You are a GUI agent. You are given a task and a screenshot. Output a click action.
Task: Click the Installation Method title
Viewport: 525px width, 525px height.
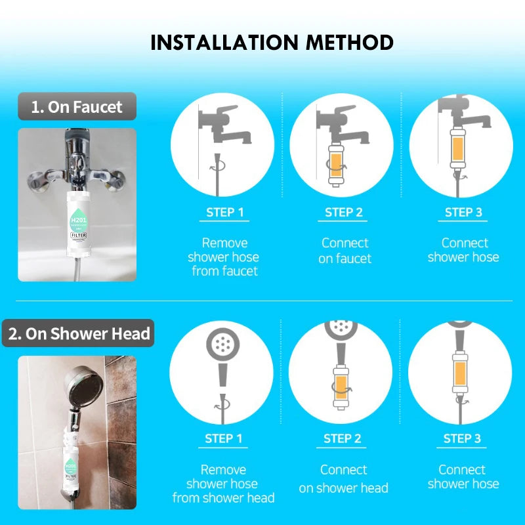pyautogui.click(x=272, y=43)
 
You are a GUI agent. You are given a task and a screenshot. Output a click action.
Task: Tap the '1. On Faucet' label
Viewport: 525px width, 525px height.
pyautogui.click(x=77, y=107)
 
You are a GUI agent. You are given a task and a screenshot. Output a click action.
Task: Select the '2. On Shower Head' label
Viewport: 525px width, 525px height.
pyautogui.click(x=79, y=333)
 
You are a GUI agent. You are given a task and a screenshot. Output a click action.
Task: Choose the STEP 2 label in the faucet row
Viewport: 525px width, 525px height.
pyautogui.click(x=344, y=212)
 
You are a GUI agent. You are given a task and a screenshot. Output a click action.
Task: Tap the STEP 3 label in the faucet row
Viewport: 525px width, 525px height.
pyautogui.click(x=463, y=212)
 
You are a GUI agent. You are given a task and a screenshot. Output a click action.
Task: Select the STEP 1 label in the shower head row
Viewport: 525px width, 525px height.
pyautogui.click(x=223, y=438)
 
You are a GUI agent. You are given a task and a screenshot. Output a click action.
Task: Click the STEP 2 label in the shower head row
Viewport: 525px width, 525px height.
pyautogui.click(x=343, y=438)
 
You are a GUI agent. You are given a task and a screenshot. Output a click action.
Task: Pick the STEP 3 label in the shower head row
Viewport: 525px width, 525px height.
pyautogui.click(x=462, y=438)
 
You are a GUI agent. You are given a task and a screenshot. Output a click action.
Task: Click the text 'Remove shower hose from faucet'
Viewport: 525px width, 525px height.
pyautogui.click(x=224, y=257)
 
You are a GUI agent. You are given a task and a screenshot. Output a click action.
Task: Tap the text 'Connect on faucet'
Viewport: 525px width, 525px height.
pyautogui.click(x=345, y=250)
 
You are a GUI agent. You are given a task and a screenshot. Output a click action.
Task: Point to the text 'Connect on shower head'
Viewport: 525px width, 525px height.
pyautogui.click(x=343, y=478)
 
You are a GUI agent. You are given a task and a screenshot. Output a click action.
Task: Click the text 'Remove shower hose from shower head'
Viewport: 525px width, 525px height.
pyautogui.click(x=223, y=484)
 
